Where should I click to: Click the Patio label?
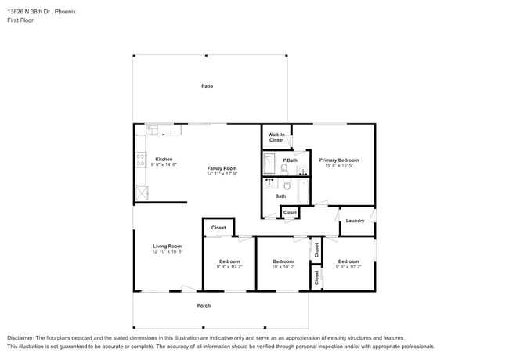pyautogui.click(x=207, y=86)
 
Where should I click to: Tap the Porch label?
pyautogui.click(x=204, y=305)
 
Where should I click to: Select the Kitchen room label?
pyautogui.click(x=164, y=159)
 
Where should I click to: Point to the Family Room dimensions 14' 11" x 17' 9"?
pyautogui.click(x=222, y=174)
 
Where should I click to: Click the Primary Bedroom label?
pyautogui.click(x=338, y=160)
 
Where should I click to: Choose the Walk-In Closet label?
pyautogui.click(x=276, y=137)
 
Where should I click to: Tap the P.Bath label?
pyautogui.click(x=290, y=160)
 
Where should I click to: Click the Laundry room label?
pyautogui.click(x=355, y=221)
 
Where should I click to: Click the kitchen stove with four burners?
pyautogui.click(x=141, y=160)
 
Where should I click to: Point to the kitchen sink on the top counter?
pyautogui.click(x=153, y=129)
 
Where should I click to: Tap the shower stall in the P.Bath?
pyautogui.click(x=270, y=164)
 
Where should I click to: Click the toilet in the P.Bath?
pyautogui.click(x=284, y=169)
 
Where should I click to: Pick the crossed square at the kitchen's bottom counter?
pyautogui.click(x=142, y=193)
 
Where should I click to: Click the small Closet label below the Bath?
pyautogui.click(x=290, y=212)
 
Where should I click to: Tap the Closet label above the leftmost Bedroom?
pyautogui.click(x=218, y=228)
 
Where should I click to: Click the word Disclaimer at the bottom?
pyautogui.click(x=23, y=337)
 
